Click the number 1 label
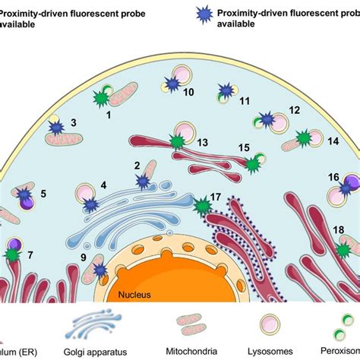pyautogui.click(x=109, y=115)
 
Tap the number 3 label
pyautogui.click(x=74, y=122)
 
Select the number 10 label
pyautogui.click(x=188, y=92)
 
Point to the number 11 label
pyautogui.click(x=244, y=100)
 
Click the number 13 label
pyautogui.click(x=202, y=142)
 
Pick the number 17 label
pyautogui.click(x=216, y=197)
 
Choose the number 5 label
pyautogui.click(x=43, y=194)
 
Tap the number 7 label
pyautogui.click(x=30, y=254)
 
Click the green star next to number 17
pyautogui.click(x=202, y=205)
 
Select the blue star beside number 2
pyautogui.click(x=142, y=180)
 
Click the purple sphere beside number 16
pyautogui.click(x=350, y=183)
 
